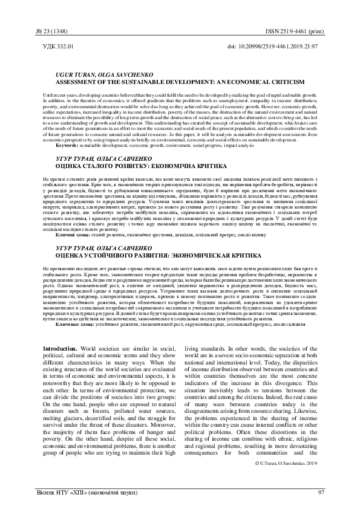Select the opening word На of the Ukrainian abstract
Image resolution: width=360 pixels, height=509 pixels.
[47, 180]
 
